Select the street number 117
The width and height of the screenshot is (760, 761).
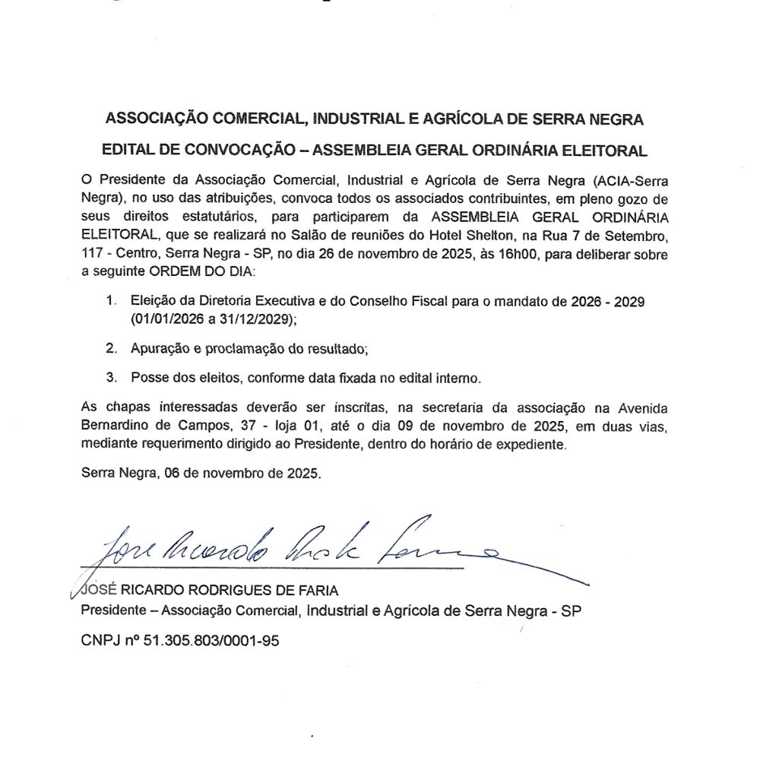click(x=93, y=253)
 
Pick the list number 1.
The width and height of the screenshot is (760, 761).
click(x=111, y=302)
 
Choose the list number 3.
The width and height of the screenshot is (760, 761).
click(x=111, y=377)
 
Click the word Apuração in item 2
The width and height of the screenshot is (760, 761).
click(x=160, y=349)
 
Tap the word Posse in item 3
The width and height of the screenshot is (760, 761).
click(x=148, y=377)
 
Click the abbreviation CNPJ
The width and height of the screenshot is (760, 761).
click(x=100, y=641)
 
